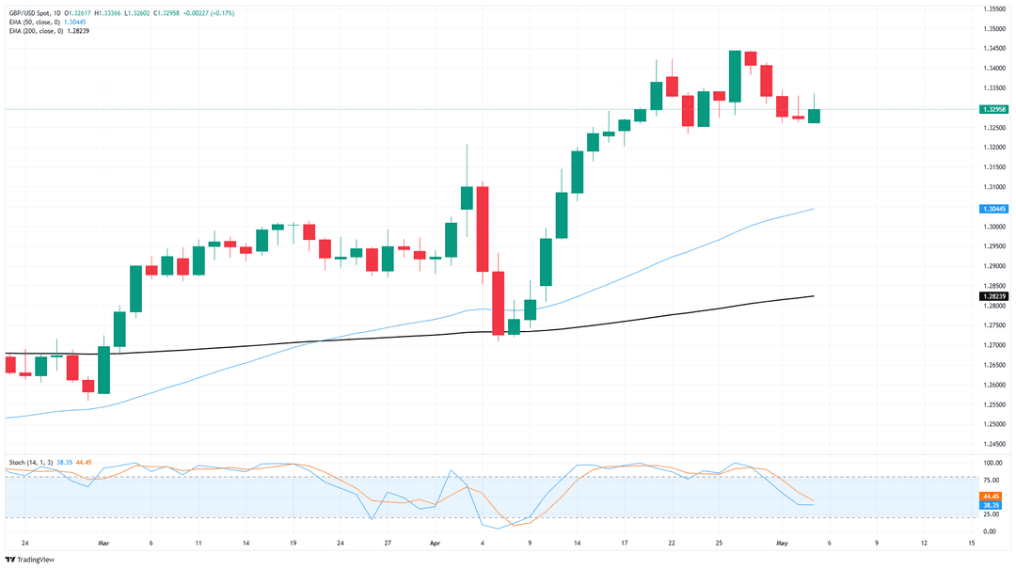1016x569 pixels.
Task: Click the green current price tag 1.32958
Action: click(994, 109)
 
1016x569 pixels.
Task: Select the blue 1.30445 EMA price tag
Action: click(994, 209)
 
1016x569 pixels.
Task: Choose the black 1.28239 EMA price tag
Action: click(994, 296)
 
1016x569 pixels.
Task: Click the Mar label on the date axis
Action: click(103, 543)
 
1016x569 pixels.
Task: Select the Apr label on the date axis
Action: click(436, 543)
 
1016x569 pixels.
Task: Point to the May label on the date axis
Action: click(782, 543)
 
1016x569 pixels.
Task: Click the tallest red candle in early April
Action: click(483, 229)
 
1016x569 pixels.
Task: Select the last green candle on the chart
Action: click(814, 116)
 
